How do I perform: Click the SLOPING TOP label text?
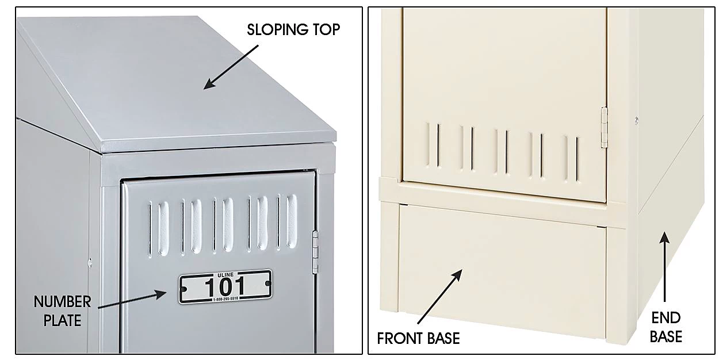pyautogui.click(x=293, y=29)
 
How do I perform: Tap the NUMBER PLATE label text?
pyautogui.click(x=62, y=311)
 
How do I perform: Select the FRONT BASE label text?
pyautogui.click(x=418, y=338)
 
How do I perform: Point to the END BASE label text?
pyautogui.click(x=666, y=327)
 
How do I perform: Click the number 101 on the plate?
pyautogui.click(x=225, y=287)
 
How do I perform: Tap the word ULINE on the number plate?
pyautogui.click(x=225, y=275)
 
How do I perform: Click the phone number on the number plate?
pyautogui.click(x=225, y=299)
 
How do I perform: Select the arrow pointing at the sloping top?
pyautogui.click(x=231, y=67)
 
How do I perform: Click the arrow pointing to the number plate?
pyautogui.click(x=132, y=299)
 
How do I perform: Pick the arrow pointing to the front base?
pyautogui.click(x=440, y=297)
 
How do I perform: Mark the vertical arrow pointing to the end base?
pyautogui.click(x=664, y=267)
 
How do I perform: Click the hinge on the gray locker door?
pyautogui.click(x=315, y=252)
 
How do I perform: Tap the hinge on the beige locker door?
pyautogui.click(x=605, y=127)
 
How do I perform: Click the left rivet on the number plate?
pyautogui.click(x=184, y=289)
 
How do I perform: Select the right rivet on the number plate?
pyautogui.click(x=268, y=284)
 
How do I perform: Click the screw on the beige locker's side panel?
pyautogui.click(x=637, y=121)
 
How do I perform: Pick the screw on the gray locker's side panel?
pyautogui.click(x=90, y=263)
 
